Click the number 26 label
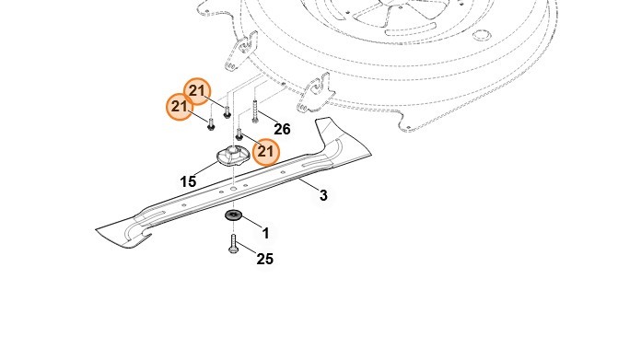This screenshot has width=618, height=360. point(282,129)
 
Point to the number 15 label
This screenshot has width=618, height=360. point(188,181)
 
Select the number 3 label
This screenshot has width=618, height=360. point(323,195)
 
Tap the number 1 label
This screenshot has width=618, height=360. point(266,233)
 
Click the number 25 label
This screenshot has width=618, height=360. point(265,259)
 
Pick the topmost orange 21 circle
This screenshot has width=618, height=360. point(197,91)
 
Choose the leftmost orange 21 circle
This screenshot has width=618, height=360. point(180,107)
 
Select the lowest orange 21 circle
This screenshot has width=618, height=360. point(266,152)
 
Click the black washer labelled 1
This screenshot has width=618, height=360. point(233,215)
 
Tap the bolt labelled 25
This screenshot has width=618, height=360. point(233,243)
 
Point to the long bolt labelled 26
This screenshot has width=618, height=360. point(255,111)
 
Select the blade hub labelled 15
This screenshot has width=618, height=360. point(233,156)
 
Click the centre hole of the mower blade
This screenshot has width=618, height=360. point(233,189)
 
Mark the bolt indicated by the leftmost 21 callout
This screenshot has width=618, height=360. point(211,123)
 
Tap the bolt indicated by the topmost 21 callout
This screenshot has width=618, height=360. point(227,111)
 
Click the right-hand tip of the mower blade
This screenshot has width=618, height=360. point(372,156)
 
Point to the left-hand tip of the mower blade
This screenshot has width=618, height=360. point(97,229)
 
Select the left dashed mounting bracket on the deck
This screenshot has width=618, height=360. point(241,53)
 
